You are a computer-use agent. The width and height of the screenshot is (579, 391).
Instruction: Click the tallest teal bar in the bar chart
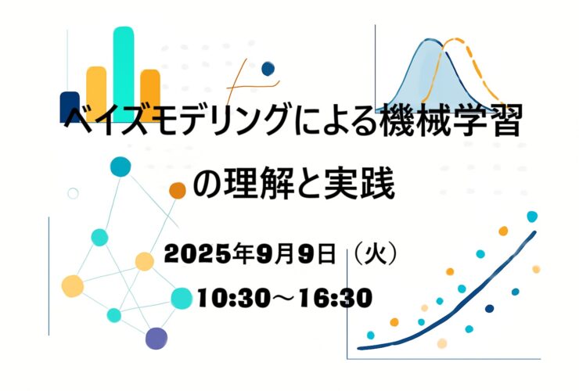pos(124,74)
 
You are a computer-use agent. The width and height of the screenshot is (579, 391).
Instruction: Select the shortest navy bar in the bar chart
pos(70,106)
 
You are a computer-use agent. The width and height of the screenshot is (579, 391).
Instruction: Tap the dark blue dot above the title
pos(268,69)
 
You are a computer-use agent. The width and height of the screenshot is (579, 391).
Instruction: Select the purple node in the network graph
pos(156,338)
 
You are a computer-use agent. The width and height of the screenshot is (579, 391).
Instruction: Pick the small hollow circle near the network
pos(73,193)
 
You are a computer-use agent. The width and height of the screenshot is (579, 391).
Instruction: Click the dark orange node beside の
pos(178,191)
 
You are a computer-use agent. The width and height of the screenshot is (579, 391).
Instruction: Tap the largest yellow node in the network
pos(72,286)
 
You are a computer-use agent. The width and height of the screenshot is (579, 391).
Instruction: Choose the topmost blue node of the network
pos(120,167)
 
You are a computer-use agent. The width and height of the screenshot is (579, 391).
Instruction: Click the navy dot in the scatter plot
pos(490,308)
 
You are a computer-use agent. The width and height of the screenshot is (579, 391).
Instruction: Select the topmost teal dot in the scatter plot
pos(532,217)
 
